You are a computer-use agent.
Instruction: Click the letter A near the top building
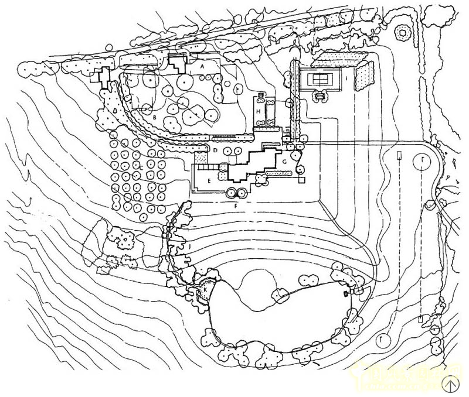[202, 67]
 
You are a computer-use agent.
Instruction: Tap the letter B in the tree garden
[154, 117]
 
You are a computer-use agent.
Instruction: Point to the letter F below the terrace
[236, 206]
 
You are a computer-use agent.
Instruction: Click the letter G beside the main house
[284, 160]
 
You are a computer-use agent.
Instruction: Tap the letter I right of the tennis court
[347, 77]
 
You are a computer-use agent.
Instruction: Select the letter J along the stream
[189, 247]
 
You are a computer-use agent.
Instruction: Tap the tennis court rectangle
[321, 77]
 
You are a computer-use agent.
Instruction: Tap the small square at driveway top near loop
[399, 155]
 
